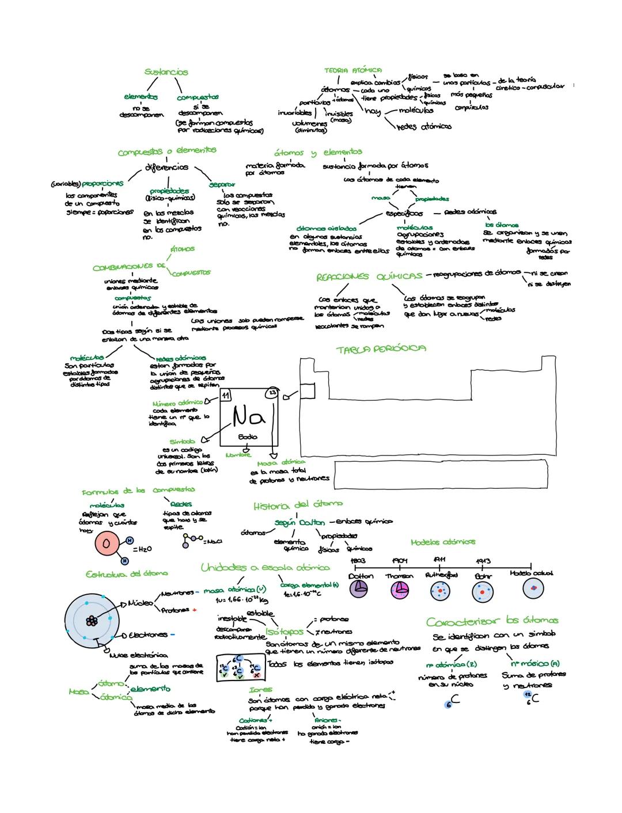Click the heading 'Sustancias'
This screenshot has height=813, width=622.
tap(166, 72)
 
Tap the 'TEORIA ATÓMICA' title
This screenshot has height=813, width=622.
tap(353, 70)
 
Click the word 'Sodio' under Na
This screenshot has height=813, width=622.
tap(248, 437)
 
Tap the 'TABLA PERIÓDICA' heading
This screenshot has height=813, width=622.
tap(381, 349)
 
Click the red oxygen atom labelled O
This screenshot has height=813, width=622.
tap(107, 544)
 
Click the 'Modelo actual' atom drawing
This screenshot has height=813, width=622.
tap(533, 588)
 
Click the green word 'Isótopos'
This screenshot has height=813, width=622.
tap(285, 632)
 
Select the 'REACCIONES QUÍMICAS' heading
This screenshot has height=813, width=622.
tap(369, 277)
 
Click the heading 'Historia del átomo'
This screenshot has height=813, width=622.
tap(298, 506)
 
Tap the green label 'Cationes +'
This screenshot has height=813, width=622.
tap(255, 720)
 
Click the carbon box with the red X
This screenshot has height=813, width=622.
tap(256, 671)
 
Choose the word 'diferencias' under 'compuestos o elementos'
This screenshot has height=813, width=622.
tap(166, 168)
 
